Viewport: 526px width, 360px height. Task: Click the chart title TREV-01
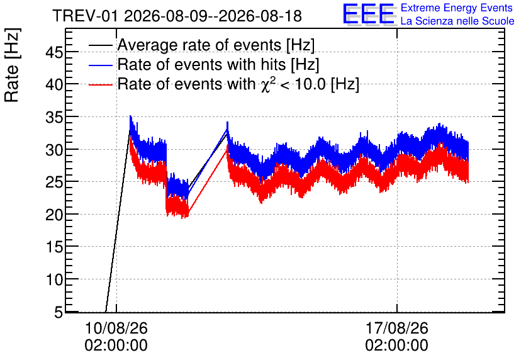coord(85,16)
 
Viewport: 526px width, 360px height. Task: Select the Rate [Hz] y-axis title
coord(12,65)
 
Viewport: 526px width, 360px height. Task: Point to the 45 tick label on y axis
coord(54,52)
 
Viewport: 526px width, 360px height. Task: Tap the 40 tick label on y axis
coord(54,84)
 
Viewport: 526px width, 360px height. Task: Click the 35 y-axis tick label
coord(54,117)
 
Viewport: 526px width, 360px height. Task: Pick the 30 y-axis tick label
coord(54,150)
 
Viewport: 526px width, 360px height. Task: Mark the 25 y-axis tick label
coord(54,182)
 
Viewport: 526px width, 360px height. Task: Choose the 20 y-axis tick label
coord(54,215)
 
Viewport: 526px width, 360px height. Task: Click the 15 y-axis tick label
coord(54,247)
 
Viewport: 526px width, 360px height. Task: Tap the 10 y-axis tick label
coord(54,280)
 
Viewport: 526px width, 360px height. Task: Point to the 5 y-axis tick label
coord(59,313)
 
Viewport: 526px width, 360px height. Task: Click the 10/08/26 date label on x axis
coord(116,328)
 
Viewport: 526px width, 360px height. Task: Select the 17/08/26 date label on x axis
coord(397,328)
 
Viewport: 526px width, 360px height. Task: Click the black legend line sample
coord(101,45)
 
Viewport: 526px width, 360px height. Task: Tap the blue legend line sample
coord(101,65)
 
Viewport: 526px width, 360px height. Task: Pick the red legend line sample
coord(101,85)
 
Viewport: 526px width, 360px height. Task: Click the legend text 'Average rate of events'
coord(199,45)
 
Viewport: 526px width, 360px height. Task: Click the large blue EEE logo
coord(369,14)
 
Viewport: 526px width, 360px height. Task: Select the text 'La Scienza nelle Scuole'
coord(457,21)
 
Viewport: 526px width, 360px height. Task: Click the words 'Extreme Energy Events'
coord(457,8)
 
